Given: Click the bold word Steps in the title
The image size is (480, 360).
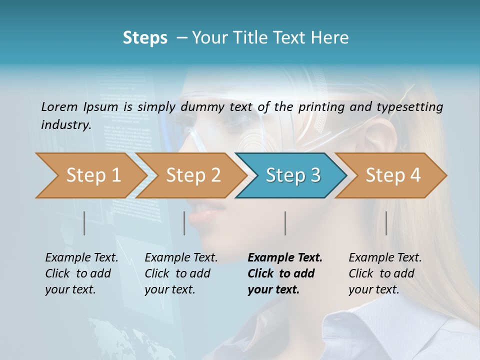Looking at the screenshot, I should point(145,38).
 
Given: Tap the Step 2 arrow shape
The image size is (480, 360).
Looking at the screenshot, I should point(193,175).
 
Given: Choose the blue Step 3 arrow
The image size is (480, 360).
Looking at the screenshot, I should point(293,175).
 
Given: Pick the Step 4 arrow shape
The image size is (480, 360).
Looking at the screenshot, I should point(393,175).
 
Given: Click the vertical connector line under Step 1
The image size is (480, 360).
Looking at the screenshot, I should point(84,223).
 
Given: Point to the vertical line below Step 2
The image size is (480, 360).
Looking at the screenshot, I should point(184,223).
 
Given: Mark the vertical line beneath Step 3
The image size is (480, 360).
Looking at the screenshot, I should point(285,223).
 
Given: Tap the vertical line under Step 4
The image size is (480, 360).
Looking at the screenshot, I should point(386,223).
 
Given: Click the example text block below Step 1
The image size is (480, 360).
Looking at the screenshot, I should point(81,273).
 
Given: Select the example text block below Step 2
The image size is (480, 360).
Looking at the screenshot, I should point(181,273).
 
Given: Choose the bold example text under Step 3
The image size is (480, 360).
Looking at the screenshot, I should point(285,273).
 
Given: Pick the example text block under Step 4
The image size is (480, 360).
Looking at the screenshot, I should point(385,273).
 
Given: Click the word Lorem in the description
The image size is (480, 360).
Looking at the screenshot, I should point(59,106).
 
